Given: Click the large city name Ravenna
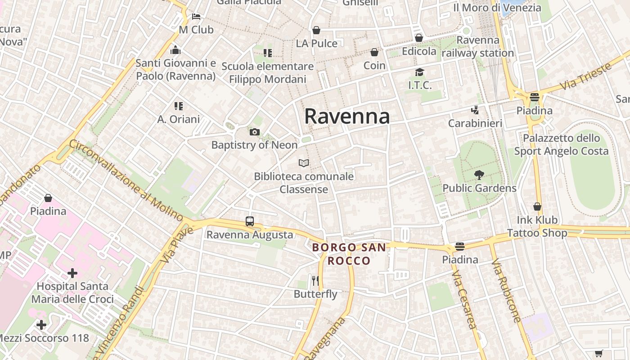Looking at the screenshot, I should pyautogui.click(x=347, y=116).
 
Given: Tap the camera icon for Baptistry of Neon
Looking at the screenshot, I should pyautogui.click(x=255, y=132).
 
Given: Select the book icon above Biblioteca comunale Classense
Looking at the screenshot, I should pyautogui.click(x=304, y=163).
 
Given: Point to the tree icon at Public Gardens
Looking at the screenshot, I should pyautogui.click(x=479, y=175).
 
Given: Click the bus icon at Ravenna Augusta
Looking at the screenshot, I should pyautogui.click(x=250, y=221).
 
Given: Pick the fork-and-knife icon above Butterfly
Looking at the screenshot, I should pyautogui.click(x=315, y=281).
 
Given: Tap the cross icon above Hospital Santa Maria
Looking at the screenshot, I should pyautogui.click(x=72, y=273).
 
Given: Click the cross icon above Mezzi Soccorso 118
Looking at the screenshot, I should pyautogui.click(x=41, y=325).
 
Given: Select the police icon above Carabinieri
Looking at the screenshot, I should pyautogui.click(x=475, y=110).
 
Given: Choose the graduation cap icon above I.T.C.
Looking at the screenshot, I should pyautogui.click(x=419, y=72).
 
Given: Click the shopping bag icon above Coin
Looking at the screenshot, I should pyautogui.click(x=374, y=53).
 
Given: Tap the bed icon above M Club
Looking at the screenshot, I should pyautogui.click(x=196, y=17).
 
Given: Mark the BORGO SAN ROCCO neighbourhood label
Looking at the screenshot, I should pyautogui.click(x=349, y=254).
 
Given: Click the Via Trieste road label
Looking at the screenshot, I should pyautogui.click(x=585, y=76).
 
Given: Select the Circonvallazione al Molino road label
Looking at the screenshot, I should pyautogui.click(x=126, y=180).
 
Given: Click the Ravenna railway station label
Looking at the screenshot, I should pyautogui.click(x=477, y=46).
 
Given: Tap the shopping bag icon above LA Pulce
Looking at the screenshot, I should pyautogui.click(x=316, y=30).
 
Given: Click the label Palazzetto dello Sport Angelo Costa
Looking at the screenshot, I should pyautogui.click(x=561, y=144).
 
